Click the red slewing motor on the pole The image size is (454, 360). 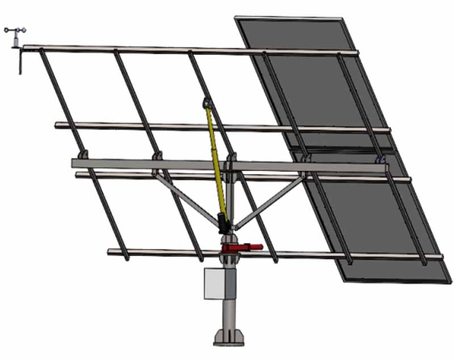pos(241,247)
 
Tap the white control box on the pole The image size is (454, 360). pos(215,283)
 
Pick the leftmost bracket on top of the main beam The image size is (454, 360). pos(83,155)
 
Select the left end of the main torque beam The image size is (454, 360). pos(75,163)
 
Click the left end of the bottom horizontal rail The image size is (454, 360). pos(110,251)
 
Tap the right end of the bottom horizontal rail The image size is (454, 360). pos(440,257)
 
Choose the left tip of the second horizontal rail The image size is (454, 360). pos(57,125)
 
